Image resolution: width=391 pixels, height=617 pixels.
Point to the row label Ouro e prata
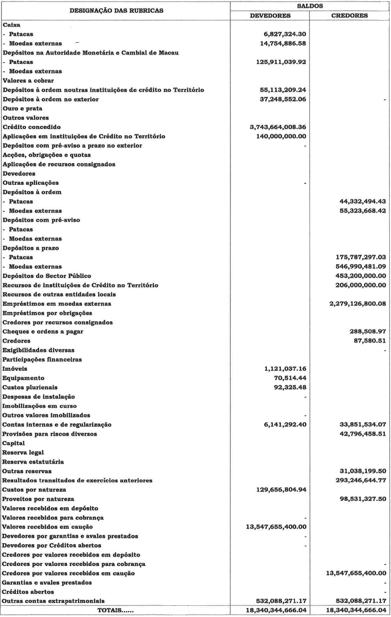click(22, 108)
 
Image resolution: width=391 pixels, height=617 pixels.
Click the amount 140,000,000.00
click(278, 136)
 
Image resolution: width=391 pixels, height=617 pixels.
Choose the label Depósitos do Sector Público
click(45, 276)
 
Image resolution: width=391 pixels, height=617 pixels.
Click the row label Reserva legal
click(22, 453)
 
